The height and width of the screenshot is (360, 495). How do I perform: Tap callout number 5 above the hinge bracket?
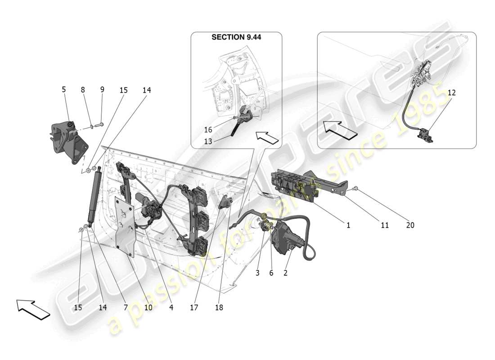click(63, 90)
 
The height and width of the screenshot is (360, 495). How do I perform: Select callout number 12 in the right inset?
click(451, 93)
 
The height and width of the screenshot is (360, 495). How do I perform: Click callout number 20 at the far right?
click(410, 225)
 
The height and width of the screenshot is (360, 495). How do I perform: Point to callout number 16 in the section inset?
click(208, 130)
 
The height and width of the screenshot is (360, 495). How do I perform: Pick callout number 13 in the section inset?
click(208, 141)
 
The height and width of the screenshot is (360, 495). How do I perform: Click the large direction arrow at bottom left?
click(33, 310)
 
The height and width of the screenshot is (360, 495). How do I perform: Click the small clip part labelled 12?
click(425, 135)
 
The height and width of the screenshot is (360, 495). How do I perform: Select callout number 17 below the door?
click(194, 308)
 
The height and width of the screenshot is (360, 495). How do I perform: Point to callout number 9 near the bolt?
click(102, 90)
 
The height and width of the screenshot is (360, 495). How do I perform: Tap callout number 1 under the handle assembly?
click(348, 225)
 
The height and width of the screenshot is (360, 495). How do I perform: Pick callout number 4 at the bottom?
click(171, 308)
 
